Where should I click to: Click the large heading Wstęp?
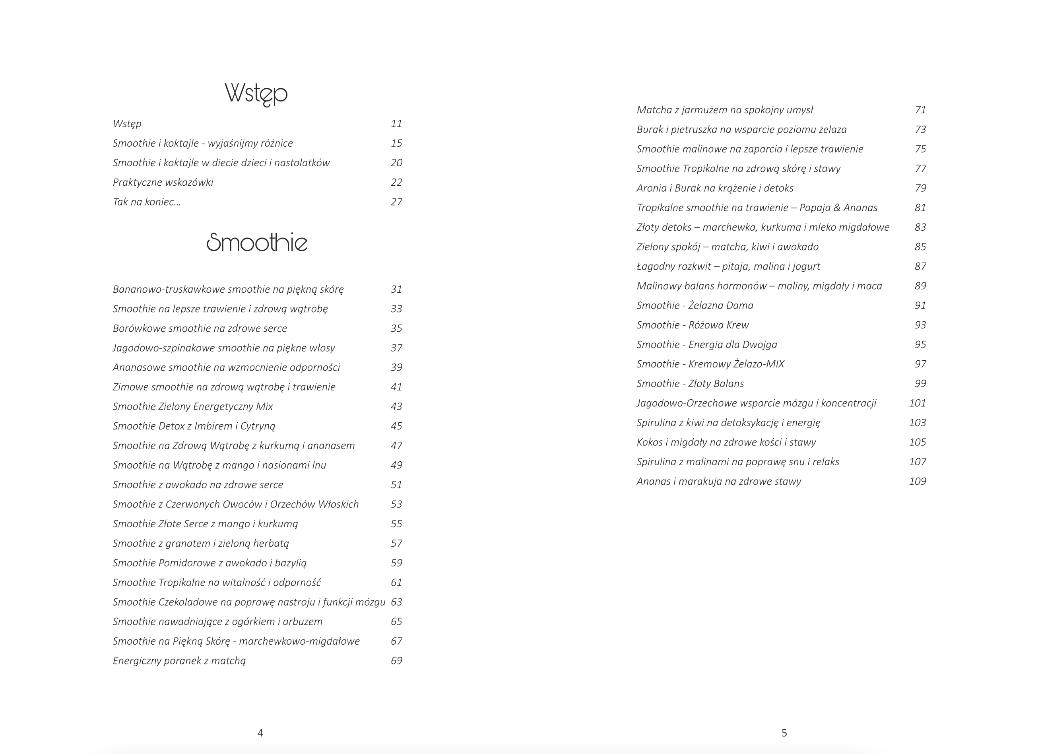[x=256, y=93]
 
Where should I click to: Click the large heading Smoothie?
[x=257, y=242]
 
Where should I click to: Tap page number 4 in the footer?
[x=260, y=733]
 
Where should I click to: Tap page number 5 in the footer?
[x=784, y=733]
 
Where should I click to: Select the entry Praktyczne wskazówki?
[x=163, y=182]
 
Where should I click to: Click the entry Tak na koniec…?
[x=147, y=202]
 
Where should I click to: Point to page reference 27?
[x=396, y=202]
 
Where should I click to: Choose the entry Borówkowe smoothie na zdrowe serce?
[x=200, y=328]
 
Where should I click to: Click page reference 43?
[x=396, y=406]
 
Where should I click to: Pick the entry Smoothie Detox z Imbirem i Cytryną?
[x=194, y=426]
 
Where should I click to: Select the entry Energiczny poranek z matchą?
[x=179, y=661]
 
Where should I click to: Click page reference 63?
[x=396, y=602]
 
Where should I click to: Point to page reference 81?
[x=920, y=208]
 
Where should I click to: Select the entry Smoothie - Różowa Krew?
[x=693, y=325]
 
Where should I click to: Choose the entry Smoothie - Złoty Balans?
[x=690, y=384]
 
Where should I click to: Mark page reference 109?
[x=917, y=481]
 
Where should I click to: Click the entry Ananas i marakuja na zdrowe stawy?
[x=718, y=481]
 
